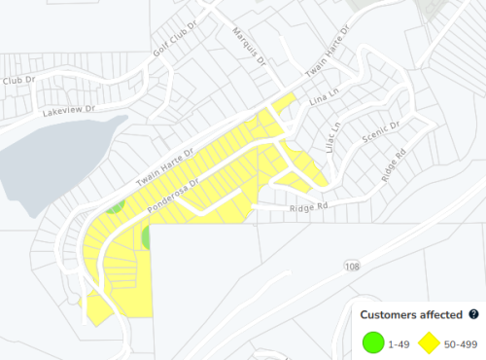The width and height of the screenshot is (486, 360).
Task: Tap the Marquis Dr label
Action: click(x=248, y=44)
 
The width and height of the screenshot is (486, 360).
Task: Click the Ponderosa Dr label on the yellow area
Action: click(x=173, y=196)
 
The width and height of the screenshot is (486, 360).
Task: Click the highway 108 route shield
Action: click(x=352, y=265)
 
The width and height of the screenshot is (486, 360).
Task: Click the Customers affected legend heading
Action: click(x=411, y=314)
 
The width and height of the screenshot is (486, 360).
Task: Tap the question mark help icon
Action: click(x=473, y=314)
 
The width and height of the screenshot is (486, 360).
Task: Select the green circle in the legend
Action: click(x=372, y=342)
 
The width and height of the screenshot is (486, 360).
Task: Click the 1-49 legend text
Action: click(x=398, y=342)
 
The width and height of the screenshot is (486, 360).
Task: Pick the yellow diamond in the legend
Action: click(x=430, y=342)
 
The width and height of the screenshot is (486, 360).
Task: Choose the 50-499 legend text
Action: click(x=460, y=342)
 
